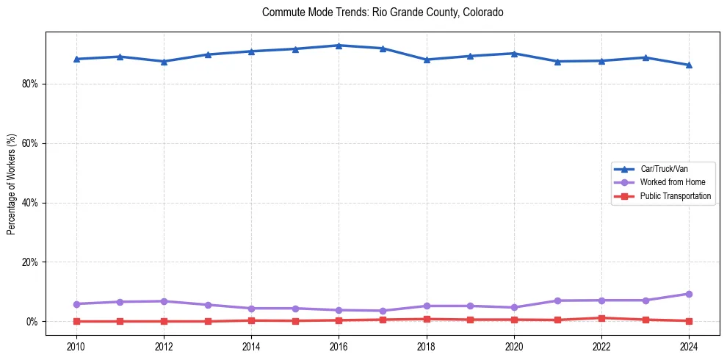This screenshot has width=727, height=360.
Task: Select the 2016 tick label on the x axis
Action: (x=339, y=345)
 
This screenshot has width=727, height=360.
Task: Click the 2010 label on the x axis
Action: (x=76, y=345)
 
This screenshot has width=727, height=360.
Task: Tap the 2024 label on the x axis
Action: (x=689, y=345)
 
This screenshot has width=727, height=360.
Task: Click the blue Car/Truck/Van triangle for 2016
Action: (x=339, y=46)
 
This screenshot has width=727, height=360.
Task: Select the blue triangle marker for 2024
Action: (x=689, y=65)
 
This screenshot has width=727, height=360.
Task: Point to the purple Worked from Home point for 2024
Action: (x=689, y=294)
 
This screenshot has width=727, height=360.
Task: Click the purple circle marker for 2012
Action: (x=164, y=301)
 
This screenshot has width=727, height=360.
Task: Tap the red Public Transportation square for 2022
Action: (x=601, y=318)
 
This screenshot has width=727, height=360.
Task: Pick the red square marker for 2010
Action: (x=76, y=321)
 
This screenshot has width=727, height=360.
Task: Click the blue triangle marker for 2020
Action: (x=514, y=54)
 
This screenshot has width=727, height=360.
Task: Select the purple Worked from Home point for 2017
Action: (x=383, y=311)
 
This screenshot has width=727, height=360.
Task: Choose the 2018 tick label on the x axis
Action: (x=426, y=345)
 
